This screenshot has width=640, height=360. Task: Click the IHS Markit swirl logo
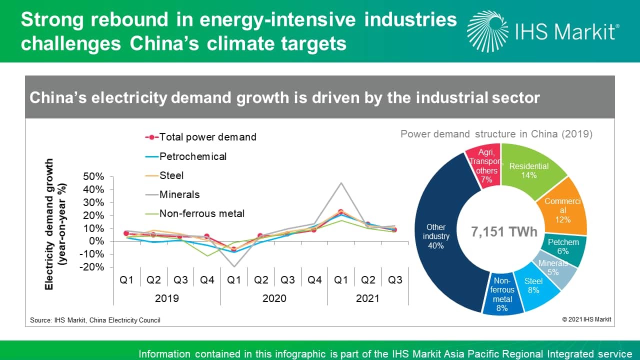(x=487, y=31)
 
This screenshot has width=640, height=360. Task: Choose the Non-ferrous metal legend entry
(x=201, y=213)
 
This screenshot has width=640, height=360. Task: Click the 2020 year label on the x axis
(x=274, y=298)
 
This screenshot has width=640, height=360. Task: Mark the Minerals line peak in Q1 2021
(x=341, y=182)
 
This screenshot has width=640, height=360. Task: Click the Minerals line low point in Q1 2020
(x=233, y=266)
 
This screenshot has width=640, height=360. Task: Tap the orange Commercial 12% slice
(x=562, y=210)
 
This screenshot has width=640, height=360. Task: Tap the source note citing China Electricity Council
(x=95, y=320)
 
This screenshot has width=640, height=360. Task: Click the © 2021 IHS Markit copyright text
(x=586, y=319)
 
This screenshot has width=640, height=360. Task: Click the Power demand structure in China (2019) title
(x=496, y=134)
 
